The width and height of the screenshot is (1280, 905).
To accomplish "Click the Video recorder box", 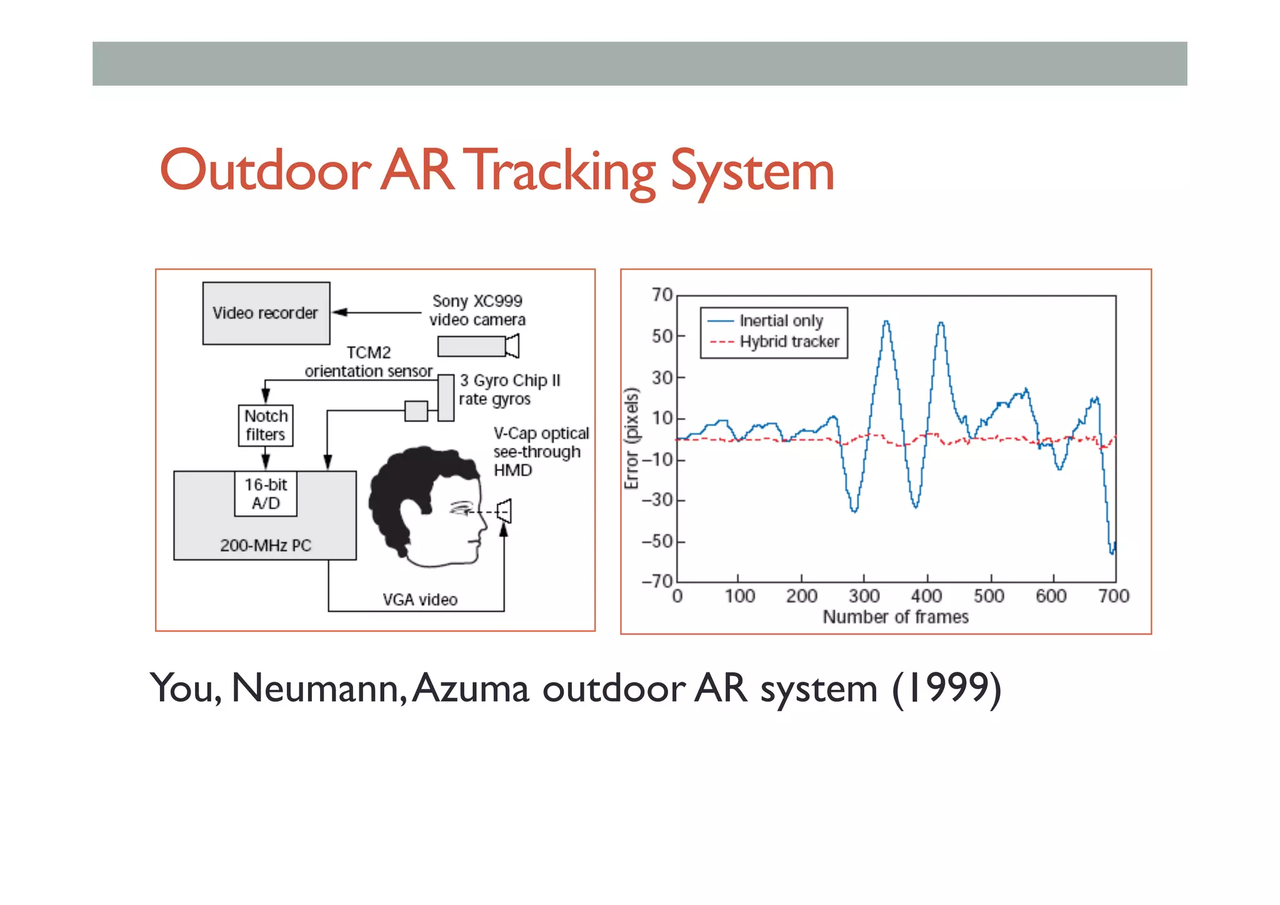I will pos(266,313).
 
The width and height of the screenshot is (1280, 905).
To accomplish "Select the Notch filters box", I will pos(266,425).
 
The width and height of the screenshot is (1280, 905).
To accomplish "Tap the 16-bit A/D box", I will pos(266,493).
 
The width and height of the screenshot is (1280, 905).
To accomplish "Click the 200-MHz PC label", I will pos(266,545).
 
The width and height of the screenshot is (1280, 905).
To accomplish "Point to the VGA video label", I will pos(420,600).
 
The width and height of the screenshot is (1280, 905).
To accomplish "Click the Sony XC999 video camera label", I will pos(477,310).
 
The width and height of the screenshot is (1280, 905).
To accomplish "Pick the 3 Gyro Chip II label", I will pos(510,381).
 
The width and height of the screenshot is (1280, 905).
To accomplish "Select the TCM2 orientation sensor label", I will pos(369,362).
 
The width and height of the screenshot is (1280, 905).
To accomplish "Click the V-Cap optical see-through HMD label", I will pos(540,452).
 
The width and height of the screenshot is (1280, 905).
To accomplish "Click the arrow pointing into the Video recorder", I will pos(341,312).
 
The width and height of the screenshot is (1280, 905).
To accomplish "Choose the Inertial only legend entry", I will pos(781,321).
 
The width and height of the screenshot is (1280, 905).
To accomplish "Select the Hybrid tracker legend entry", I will pos(789,341).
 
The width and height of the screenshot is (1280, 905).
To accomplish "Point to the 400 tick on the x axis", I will pos(926,596).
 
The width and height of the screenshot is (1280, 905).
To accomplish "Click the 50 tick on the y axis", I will pos(662,336).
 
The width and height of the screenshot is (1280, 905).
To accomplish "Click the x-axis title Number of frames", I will pos(896,617).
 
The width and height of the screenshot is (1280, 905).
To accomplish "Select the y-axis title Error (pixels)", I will pos(632,438).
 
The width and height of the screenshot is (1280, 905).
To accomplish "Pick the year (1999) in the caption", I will pos(946,689).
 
